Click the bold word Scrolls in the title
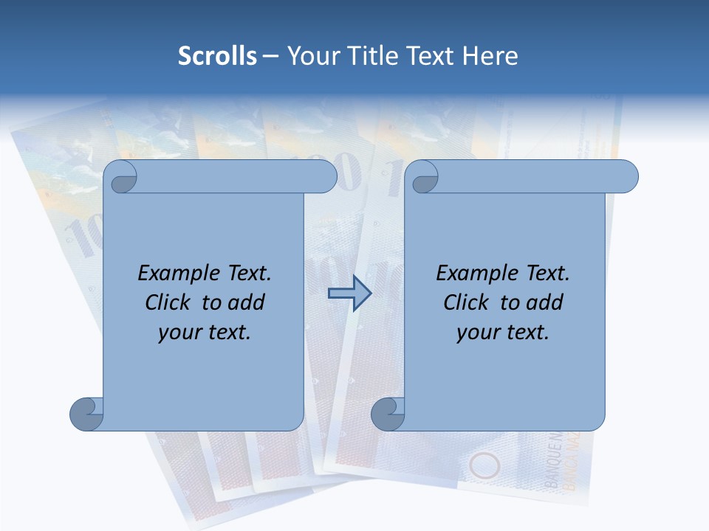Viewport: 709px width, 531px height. (217, 56)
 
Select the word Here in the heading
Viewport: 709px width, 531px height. (490, 56)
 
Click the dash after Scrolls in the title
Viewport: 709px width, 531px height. (270, 57)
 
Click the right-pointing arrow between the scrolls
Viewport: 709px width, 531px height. (349, 294)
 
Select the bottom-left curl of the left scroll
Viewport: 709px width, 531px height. (86, 414)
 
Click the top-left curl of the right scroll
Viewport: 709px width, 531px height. (424, 177)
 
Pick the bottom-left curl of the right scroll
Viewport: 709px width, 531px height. (388, 414)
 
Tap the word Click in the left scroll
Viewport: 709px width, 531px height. (169, 302)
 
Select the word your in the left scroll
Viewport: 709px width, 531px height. (178, 333)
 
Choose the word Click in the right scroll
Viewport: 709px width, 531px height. (467, 302)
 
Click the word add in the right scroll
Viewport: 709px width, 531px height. (544, 302)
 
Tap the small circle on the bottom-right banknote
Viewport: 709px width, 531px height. (485, 465)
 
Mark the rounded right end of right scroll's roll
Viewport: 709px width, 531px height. (628, 176)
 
